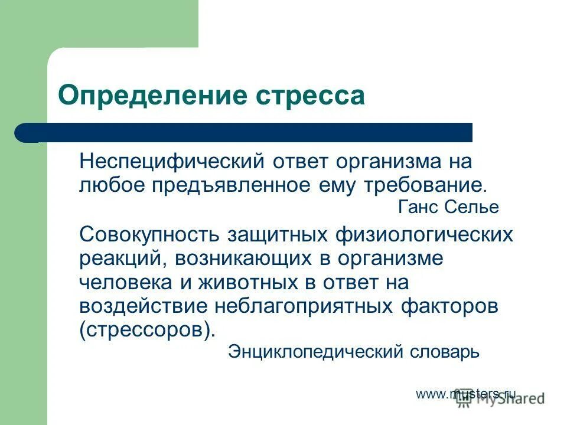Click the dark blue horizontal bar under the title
coord(248,133)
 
